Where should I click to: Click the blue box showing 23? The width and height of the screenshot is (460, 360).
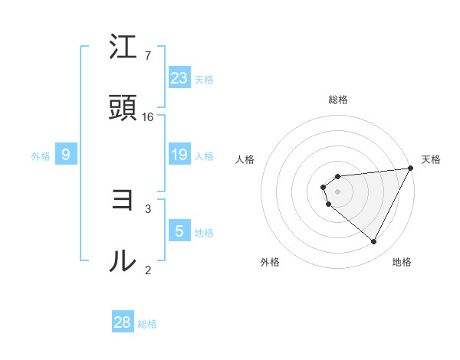(x=179, y=77)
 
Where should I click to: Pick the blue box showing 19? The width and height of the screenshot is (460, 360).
(x=179, y=155)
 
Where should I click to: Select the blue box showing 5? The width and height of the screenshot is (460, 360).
(x=179, y=231)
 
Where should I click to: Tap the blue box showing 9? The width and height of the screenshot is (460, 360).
(x=66, y=155)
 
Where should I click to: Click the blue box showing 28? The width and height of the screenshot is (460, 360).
(x=123, y=322)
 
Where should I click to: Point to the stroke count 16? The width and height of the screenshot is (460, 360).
(x=148, y=116)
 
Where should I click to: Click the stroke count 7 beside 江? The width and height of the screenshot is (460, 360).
(x=148, y=56)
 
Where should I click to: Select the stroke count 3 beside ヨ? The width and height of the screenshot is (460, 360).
(x=148, y=208)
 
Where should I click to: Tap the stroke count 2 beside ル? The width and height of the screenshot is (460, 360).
(x=148, y=269)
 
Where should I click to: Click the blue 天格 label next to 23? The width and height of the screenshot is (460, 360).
(x=204, y=79)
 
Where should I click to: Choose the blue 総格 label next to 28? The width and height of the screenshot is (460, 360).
(x=147, y=324)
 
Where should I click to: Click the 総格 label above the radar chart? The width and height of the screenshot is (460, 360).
(x=338, y=100)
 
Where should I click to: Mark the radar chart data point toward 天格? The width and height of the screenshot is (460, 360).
(x=410, y=168)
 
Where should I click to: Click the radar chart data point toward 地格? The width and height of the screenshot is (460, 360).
(x=374, y=242)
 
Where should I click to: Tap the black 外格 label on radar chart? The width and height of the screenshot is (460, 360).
(x=270, y=262)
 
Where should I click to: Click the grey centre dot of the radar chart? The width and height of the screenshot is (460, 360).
(x=338, y=191)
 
